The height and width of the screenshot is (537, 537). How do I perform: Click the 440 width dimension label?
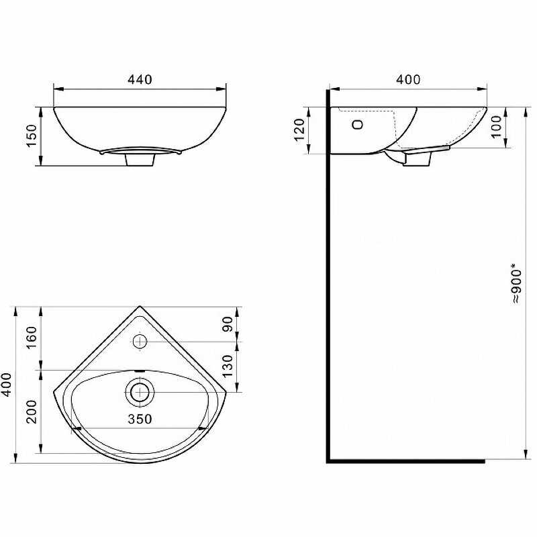click(140, 79)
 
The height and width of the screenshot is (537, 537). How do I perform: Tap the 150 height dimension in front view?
click(32, 136)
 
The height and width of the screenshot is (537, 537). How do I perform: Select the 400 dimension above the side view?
click(408, 79)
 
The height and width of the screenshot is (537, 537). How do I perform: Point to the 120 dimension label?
click(299, 130)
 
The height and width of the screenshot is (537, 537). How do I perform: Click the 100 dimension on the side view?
click(496, 127)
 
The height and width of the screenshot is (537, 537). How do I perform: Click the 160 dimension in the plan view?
click(31, 338)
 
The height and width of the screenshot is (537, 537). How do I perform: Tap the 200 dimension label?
click(32, 412)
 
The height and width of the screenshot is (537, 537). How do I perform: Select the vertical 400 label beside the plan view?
click(7, 385)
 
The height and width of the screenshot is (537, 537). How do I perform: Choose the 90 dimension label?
click(227, 324)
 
